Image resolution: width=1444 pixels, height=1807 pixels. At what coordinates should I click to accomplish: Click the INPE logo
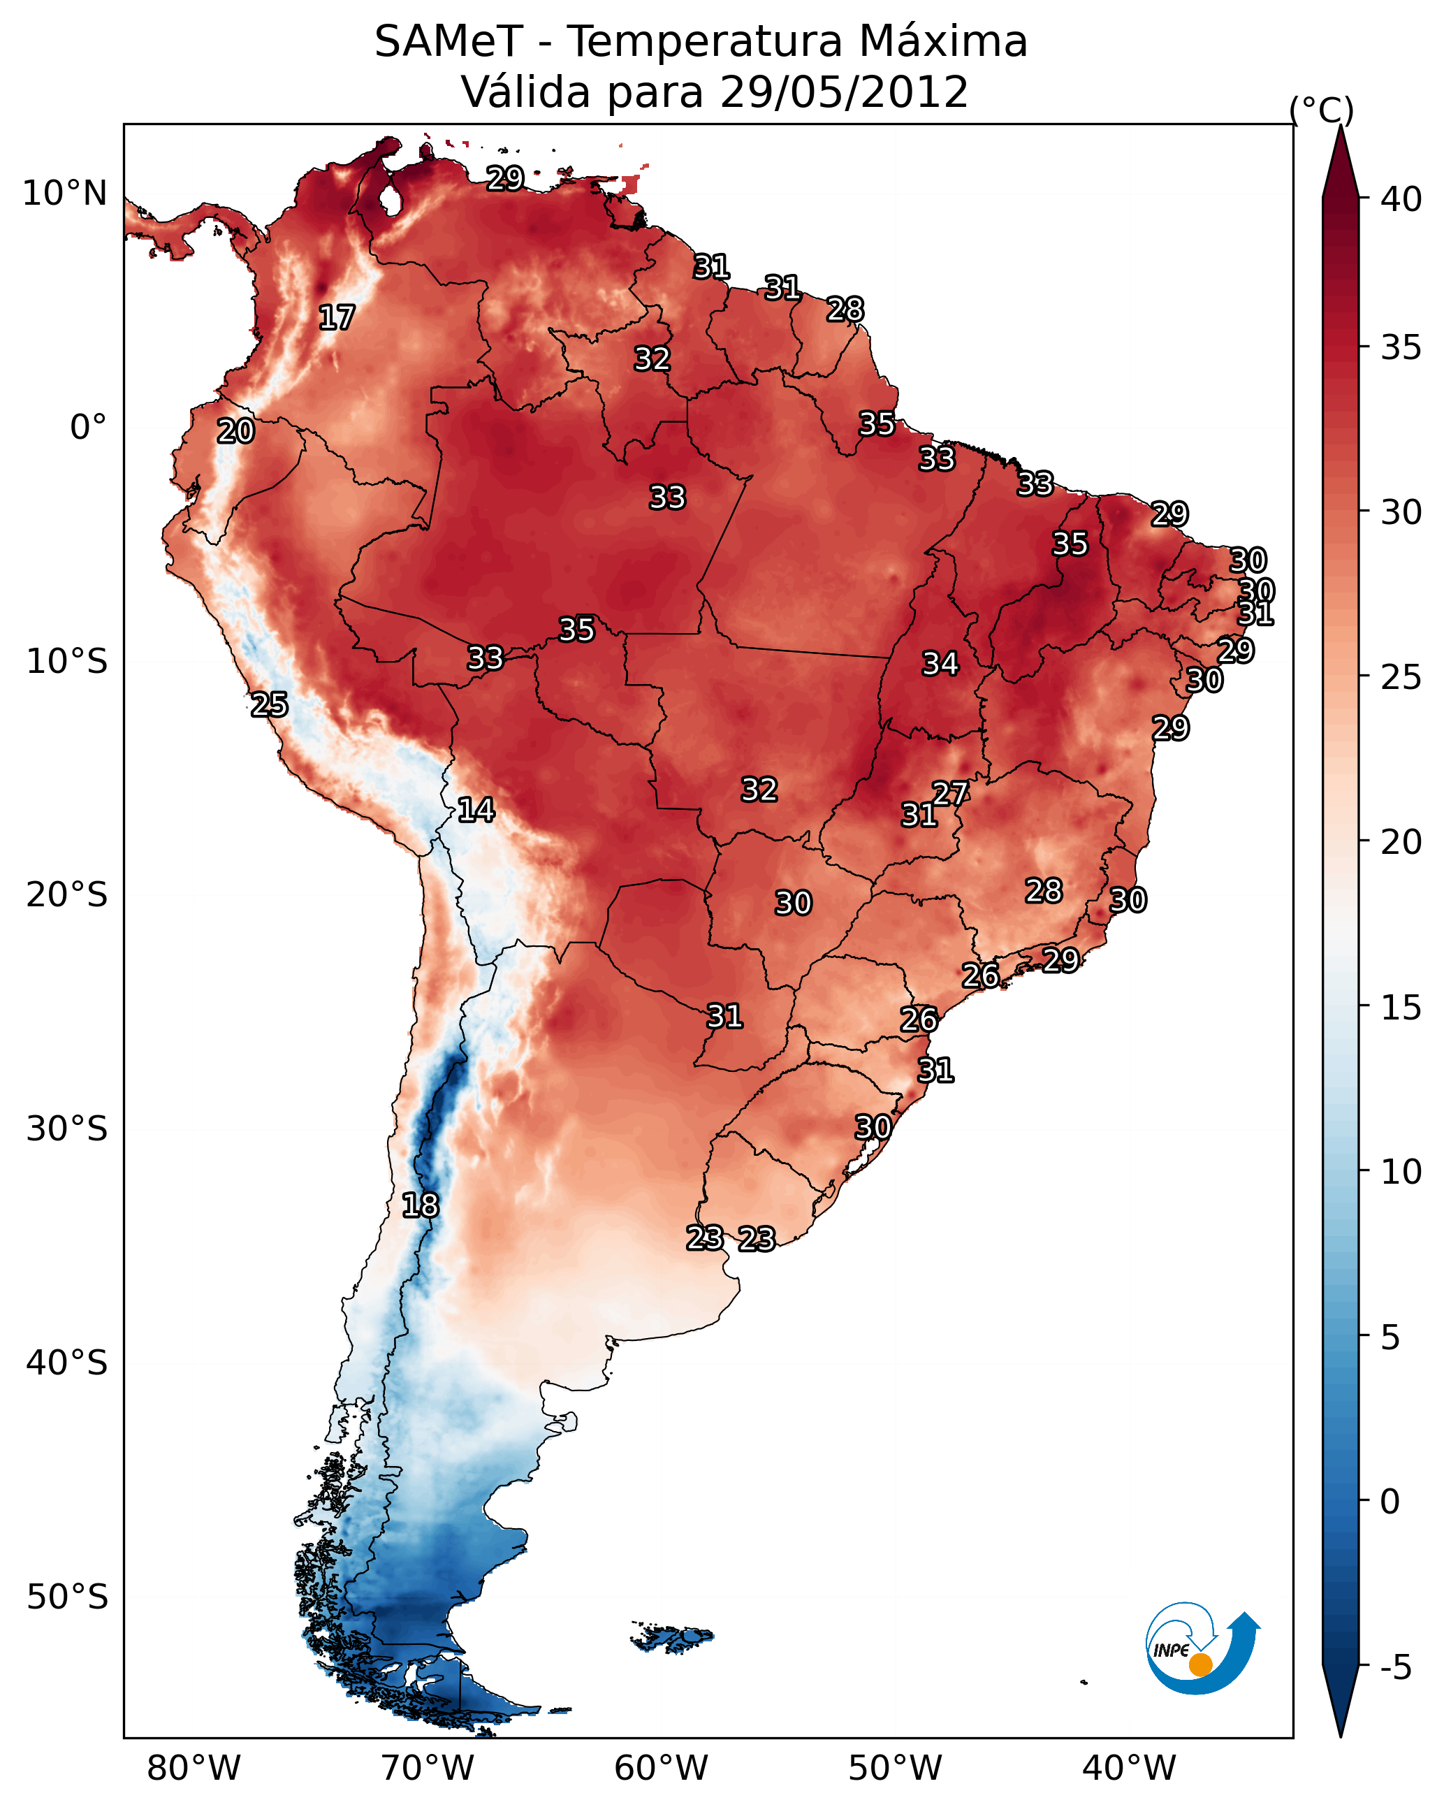(1203, 1648)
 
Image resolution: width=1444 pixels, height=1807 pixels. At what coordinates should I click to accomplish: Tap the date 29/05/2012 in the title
(844, 92)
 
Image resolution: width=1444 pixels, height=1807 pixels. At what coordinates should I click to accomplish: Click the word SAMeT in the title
(448, 41)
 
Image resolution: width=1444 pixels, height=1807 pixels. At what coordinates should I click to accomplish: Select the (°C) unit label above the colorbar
(1322, 110)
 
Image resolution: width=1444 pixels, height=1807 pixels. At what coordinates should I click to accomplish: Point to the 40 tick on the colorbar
(1401, 199)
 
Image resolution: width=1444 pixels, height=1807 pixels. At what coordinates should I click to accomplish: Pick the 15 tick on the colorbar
(1401, 1008)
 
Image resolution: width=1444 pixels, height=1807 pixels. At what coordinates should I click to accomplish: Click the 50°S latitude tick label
(67, 1597)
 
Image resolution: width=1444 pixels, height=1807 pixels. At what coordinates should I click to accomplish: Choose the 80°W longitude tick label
(194, 1768)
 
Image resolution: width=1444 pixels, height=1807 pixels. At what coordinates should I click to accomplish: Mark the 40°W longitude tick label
(1129, 1768)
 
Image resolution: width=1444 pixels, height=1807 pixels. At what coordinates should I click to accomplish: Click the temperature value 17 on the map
(337, 318)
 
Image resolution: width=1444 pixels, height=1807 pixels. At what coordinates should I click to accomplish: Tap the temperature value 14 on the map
(476, 810)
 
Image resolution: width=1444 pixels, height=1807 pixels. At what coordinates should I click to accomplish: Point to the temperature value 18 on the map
(420, 1205)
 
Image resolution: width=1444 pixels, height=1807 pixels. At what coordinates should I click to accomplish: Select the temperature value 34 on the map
(940, 664)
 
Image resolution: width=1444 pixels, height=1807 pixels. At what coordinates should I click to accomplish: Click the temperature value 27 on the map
(950, 793)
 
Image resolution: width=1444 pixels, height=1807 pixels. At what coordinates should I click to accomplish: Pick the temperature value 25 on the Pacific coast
(270, 705)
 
